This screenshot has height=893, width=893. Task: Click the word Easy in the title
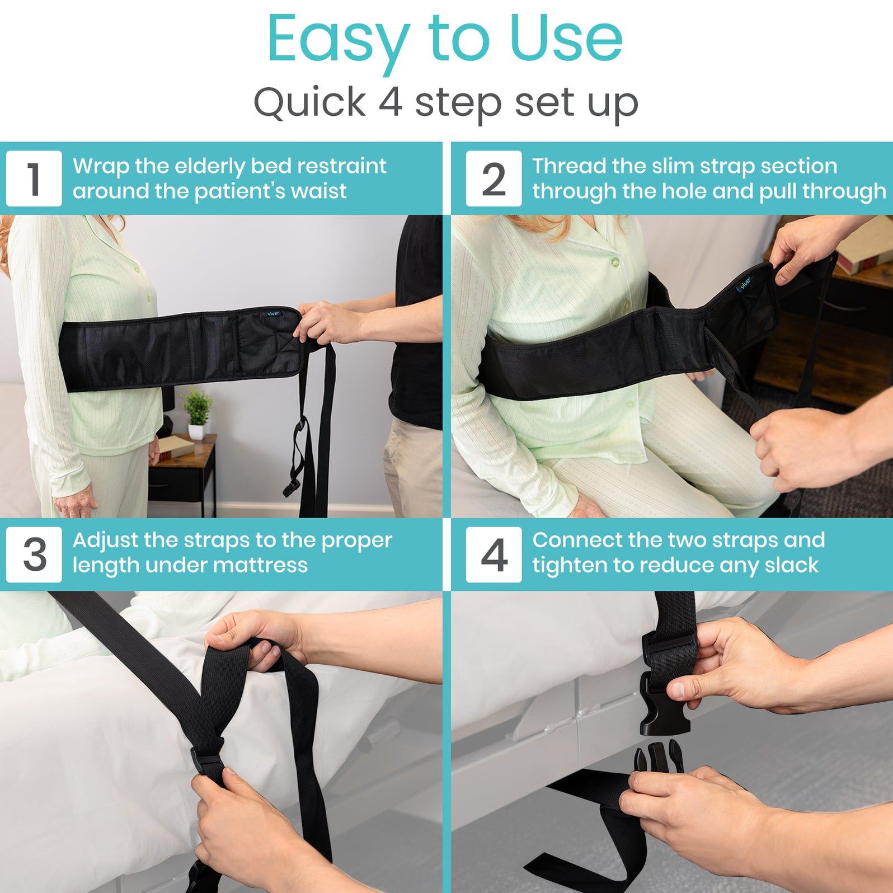click(x=339, y=40)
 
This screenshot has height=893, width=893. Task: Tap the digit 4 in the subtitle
click(x=391, y=102)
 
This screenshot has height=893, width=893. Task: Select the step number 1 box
click(x=34, y=178)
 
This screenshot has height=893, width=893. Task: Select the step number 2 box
click(x=493, y=178)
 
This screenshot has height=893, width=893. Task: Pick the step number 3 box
click(x=34, y=554)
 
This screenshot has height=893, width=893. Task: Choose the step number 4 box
click(x=493, y=554)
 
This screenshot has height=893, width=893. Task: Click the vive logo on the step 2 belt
click(x=746, y=284)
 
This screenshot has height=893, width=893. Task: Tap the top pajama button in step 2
click(x=615, y=261)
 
